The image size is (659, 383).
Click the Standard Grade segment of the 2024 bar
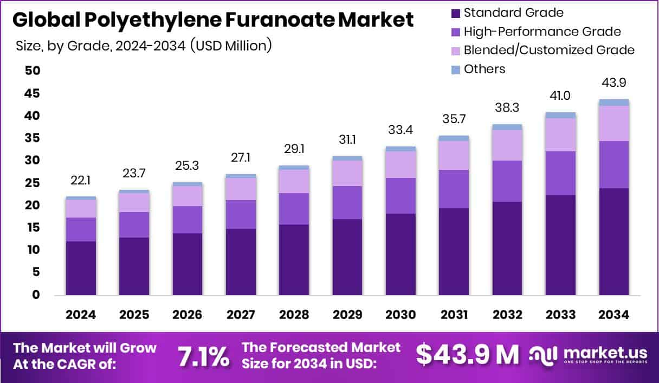click(x=81, y=268)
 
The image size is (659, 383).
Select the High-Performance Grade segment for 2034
click(x=614, y=164)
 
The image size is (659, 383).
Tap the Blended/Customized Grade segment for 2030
click(x=400, y=164)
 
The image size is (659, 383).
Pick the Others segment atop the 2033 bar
click(x=560, y=115)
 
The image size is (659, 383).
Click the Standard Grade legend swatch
click(x=455, y=12)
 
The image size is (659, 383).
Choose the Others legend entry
click(x=484, y=69)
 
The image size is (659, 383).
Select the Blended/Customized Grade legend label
click(x=549, y=50)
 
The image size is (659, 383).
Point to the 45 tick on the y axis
click(x=32, y=93)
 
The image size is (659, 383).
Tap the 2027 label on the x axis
click(x=241, y=315)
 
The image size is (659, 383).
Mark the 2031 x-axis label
click(x=454, y=315)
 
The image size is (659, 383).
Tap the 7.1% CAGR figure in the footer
click(x=203, y=356)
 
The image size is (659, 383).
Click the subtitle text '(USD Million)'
click(x=231, y=46)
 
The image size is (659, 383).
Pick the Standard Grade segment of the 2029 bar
click(x=347, y=257)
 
